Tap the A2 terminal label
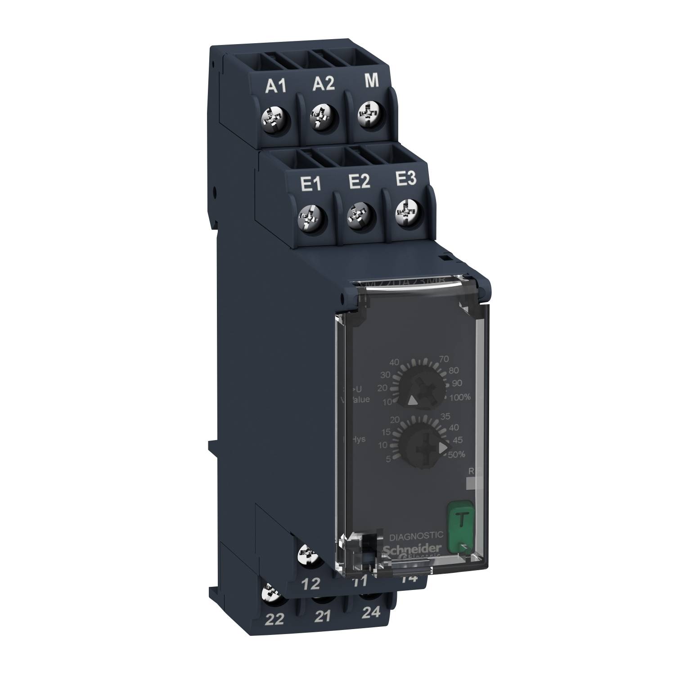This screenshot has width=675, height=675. click(x=324, y=84)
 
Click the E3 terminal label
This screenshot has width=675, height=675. click(x=405, y=180)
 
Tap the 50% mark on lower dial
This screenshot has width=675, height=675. click(x=456, y=454)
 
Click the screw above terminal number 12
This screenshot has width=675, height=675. click(x=309, y=554)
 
